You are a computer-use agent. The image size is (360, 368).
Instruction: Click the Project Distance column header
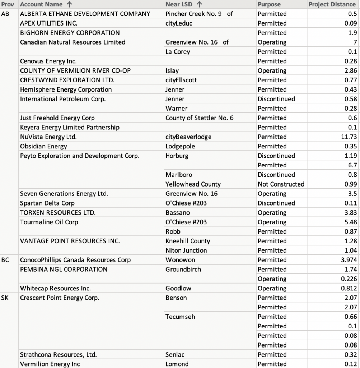(332, 4)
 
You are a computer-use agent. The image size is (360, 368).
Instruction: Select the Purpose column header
(269, 4)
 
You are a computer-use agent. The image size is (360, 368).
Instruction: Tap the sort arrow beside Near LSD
(200, 4)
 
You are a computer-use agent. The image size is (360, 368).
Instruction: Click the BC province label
(5, 260)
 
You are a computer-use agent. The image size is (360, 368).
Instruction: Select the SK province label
(5, 298)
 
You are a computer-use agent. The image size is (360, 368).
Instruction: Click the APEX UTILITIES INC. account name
(48, 23)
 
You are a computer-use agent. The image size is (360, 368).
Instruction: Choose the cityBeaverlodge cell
(188, 137)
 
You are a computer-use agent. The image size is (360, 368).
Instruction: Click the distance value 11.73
(349, 137)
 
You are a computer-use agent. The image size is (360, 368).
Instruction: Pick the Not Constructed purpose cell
(281, 184)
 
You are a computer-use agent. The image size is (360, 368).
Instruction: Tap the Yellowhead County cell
(193, 184)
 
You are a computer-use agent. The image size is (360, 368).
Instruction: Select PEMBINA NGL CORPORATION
(64, 269)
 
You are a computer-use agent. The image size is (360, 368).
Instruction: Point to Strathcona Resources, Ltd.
(58, 355)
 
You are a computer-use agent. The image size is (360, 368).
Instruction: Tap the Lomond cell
(177, 364)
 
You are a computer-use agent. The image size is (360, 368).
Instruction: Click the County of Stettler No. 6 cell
(200, 118)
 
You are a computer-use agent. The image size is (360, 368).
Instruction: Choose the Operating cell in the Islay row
(272, 71)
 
